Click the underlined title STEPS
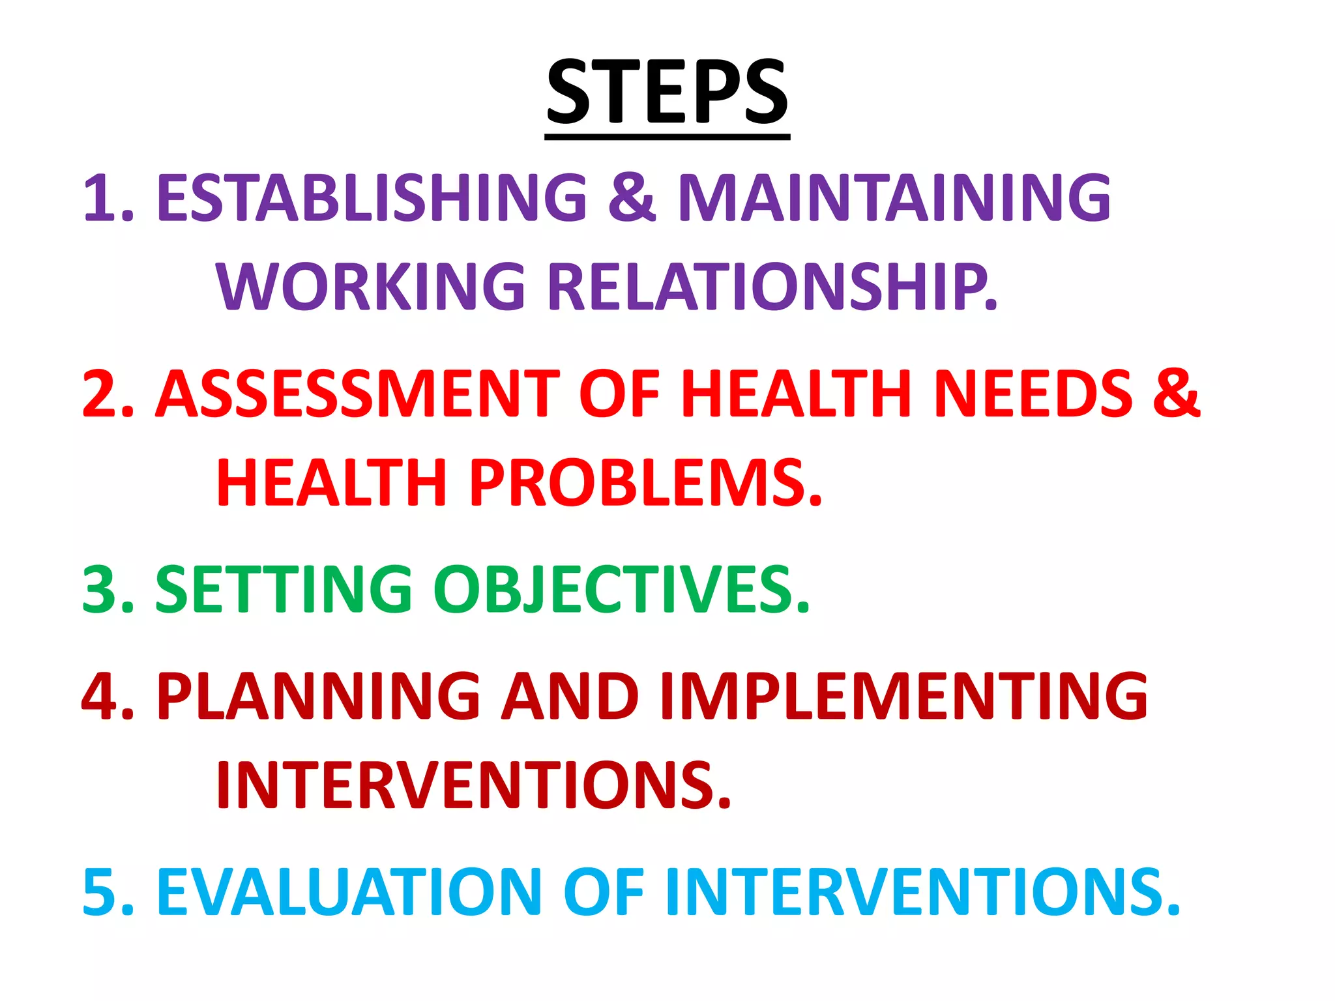point(667,93)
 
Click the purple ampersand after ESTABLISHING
point(631,197)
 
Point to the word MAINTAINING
point(894,197)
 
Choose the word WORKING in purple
point(371,286)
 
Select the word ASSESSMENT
point(357,394)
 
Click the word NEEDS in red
point(1034,394)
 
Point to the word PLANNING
point(319,697)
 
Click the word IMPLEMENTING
point(903,697)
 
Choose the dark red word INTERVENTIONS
point(474,785)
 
